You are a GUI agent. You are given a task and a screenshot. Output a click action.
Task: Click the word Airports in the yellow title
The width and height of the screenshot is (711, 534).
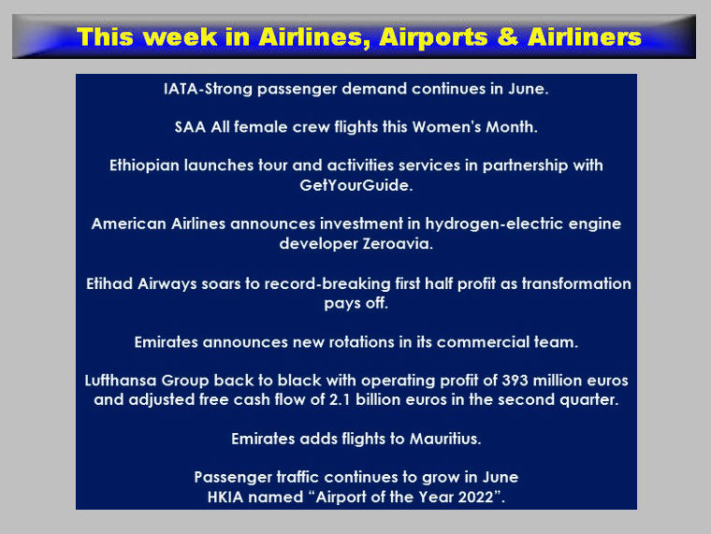pyautogui.click(x=433, y=37)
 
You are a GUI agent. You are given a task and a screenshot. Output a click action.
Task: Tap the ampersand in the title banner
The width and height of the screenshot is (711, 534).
pyautogui.click(x=507, y=36)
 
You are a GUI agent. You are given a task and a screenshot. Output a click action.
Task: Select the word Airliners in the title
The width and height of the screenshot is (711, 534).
pyautogui.click(x=585, y=36)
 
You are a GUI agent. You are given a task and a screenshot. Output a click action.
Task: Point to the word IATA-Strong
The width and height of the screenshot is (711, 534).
pyautogui.click(x=208, y=89)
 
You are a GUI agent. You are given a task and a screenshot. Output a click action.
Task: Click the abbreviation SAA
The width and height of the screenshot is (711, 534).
pyautogui.click(x=191, y=127)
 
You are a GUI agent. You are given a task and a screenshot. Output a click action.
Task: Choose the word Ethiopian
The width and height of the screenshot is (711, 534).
pyautogui.click(x=144, y=166)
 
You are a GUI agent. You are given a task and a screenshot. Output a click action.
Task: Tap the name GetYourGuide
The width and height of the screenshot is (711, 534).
pyautogui.click(x=355, y=185)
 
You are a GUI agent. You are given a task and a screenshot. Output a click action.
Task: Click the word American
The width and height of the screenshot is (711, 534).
pyautogui.click(x=128, y=224)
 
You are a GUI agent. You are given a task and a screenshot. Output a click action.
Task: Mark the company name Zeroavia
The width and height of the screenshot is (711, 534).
pyautogui.click(x=398, y=244)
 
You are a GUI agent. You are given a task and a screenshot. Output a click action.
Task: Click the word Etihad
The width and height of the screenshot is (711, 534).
pyautogui.click(x=109, y=283)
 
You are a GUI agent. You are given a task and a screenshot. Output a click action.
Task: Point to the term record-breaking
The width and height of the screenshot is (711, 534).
pyautogui.click(x=326, y=283)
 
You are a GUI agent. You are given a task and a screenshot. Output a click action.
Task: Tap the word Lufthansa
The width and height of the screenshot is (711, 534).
pyautogui.click(x=120, y=381)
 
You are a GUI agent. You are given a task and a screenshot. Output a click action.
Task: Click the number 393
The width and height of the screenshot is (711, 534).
pyautogui.click(x=515, y=381)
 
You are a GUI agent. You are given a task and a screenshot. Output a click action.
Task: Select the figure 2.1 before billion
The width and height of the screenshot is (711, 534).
pyautogui.click(x=340, y=400)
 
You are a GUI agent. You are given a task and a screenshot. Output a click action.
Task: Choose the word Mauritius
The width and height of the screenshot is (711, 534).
pyautogui.click(x=445, y=439)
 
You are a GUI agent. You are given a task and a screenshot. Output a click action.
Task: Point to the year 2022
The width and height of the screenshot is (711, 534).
pyautogui.click(x=475, y=498)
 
